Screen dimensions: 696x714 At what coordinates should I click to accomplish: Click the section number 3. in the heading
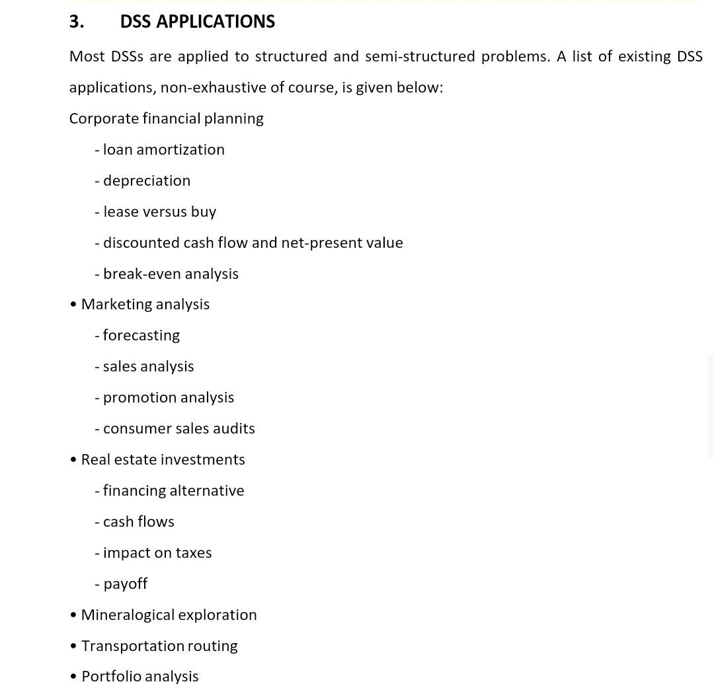77,22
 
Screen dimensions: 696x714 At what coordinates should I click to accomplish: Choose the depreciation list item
146,180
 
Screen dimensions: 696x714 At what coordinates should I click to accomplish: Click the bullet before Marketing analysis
73,304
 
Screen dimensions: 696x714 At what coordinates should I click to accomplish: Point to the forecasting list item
141,335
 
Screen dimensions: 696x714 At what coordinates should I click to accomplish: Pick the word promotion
139,397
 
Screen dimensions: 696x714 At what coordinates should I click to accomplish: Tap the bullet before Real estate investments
73,459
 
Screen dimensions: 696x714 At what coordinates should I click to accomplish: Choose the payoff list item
125,584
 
